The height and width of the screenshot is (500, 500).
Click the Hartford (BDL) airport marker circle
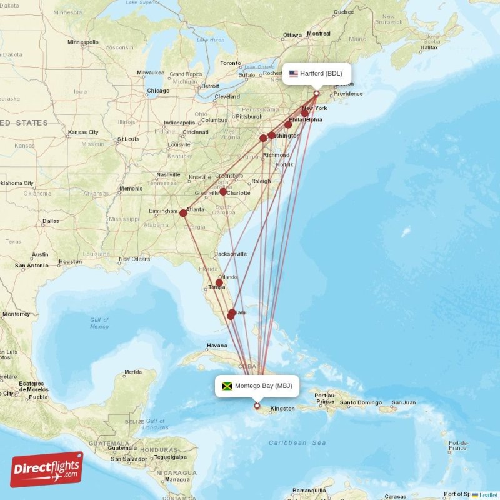316,94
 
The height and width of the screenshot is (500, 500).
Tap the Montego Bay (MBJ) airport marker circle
257,406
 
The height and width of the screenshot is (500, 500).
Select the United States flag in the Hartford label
293,74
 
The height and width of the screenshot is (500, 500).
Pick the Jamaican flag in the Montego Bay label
227,386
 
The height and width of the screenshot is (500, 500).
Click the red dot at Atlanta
183,213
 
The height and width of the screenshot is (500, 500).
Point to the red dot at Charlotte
223,192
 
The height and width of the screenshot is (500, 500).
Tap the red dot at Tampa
219,282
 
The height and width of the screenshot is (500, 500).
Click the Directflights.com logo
47,469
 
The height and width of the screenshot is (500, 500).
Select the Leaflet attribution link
488,495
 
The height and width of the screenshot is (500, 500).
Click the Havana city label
217,346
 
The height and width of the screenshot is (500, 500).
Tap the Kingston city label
282,409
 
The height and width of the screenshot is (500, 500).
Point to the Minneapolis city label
83,42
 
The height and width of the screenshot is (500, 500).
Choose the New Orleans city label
134,259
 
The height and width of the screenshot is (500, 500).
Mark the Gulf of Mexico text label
99,323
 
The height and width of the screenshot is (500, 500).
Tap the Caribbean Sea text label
297,442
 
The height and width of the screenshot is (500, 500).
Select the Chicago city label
157,91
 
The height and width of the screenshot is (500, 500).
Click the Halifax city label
429,47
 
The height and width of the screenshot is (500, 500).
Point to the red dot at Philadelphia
288,124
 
